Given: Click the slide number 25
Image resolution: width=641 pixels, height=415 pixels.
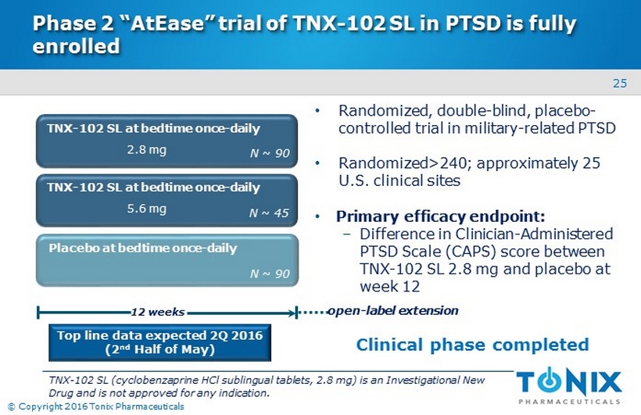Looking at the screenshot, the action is tap(620, 84).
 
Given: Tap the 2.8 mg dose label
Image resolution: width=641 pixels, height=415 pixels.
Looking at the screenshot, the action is tap(146, 149).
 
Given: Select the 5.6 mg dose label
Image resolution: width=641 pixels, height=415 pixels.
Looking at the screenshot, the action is tap(146, 209).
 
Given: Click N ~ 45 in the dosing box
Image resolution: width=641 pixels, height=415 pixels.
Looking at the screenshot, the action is tap(269, 213).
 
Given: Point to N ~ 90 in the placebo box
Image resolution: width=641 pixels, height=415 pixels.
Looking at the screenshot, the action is tap(270, 274).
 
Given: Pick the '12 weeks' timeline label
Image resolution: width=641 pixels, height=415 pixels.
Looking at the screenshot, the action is tap(158, 313).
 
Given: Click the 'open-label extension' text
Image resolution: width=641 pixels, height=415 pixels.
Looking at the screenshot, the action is tap(393, 311).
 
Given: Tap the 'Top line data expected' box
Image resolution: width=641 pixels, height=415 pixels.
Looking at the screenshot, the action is tap(159, 342).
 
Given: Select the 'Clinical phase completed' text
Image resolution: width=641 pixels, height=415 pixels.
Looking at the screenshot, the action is tap(473, 345).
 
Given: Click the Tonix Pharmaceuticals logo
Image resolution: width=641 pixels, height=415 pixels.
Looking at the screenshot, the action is tap(569, 385).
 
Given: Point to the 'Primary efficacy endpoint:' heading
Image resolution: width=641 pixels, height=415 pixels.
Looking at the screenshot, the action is tap(440, 216).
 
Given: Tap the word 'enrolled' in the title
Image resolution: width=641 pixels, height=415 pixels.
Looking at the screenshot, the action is tap(76, 46).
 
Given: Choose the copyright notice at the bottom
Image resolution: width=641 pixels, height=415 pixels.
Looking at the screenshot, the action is tap(96, 406).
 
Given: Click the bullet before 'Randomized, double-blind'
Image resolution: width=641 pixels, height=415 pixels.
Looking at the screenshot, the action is tap(317, 111).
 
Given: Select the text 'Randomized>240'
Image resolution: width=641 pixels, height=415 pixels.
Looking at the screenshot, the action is tap(403, 163).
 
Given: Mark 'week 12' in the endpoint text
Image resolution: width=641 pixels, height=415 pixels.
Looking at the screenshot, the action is tap(389, 286).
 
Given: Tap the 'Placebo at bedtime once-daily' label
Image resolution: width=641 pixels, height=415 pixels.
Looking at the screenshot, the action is tap(143, 249).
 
